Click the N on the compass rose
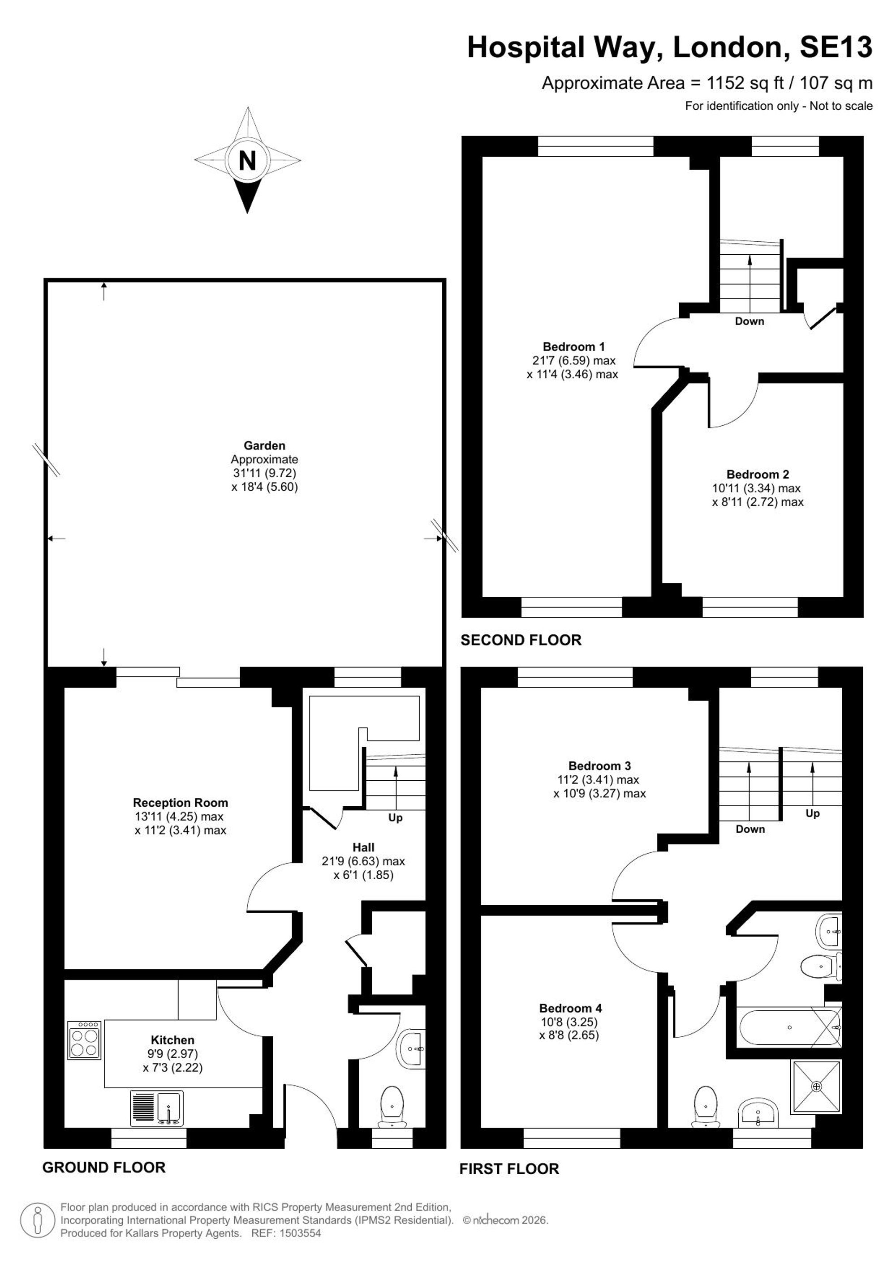click(x=247, y=160)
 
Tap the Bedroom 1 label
click(x=573, y=346)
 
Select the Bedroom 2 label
click(x=758, y=474)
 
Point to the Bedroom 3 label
click(x=599, y=766)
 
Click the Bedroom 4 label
click(x=570, y=1008)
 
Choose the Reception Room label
click(x=181, y=802)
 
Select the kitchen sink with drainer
click(x=157, y=1108)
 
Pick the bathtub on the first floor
click(x=789, y=1026)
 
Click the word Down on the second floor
click(x=749, y=321)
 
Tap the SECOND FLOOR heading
click(x=521, y=640)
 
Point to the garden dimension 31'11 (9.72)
click(x=265, y=473)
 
